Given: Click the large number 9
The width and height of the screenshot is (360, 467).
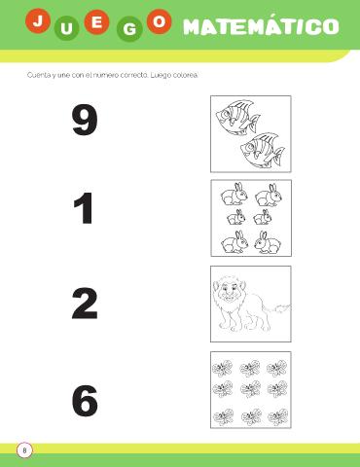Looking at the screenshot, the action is coord(85,120).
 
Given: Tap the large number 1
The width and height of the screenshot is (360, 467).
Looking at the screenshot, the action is coord(84,208).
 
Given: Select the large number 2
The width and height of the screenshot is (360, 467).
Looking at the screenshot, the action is coord(85,304).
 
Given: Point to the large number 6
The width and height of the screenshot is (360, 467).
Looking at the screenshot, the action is coord(85,401).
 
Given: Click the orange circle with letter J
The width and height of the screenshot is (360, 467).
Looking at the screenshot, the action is coord(38,21).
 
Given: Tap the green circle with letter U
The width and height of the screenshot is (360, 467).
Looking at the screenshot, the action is coord(67,28).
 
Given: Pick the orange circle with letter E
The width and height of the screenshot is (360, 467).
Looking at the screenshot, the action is coord(96,22).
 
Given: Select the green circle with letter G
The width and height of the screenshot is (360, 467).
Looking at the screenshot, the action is coord(129,29).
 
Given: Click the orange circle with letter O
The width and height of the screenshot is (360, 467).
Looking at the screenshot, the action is coord(160,21).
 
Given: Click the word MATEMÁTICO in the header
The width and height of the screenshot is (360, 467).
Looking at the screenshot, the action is coord(261,26).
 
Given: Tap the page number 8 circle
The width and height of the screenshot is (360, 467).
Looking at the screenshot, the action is coord(24,450).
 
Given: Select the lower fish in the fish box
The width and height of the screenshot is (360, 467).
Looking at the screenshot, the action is coord(263,150).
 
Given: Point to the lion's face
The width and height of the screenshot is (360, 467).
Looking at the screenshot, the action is coord(230,290).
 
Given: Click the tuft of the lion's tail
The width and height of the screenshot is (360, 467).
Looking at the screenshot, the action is coord(283,306).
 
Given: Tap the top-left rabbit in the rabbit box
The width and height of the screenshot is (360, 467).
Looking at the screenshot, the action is coord(234,195).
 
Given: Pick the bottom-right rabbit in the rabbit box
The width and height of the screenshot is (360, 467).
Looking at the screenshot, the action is coord(268,242).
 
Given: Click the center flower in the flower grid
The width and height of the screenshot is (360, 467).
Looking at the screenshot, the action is coord(251,388).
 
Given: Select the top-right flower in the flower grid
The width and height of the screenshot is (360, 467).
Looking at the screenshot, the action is coord(277,369).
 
